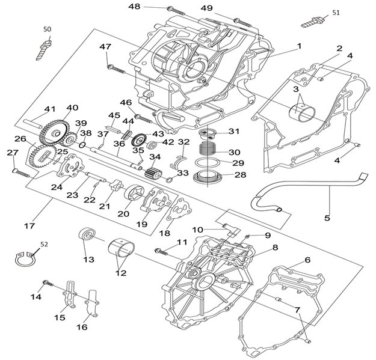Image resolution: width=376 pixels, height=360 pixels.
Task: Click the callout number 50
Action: pyautogui.click(x=47, y=29)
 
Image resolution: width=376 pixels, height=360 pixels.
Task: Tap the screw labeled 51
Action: pyautogui.click(x=312, y=22)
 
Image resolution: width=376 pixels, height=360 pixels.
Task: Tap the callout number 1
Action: pyautogui.click(x=299, y=46)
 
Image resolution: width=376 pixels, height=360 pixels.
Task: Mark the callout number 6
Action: pyautogui.click(x=307, y=260)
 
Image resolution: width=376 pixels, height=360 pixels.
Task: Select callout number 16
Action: pyautogui.click(x=82, y=327)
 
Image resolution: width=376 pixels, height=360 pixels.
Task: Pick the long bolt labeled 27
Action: pyautogui.click(x=20, y=172)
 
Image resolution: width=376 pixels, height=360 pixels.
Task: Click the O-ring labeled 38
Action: pyautogui.click(x=82, y=144)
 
